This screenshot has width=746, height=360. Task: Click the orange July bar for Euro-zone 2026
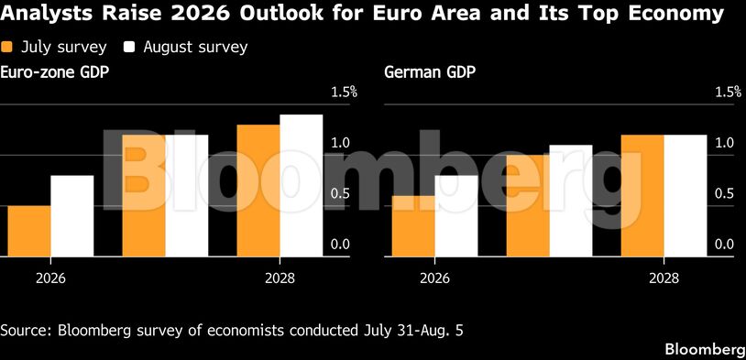point(29,231)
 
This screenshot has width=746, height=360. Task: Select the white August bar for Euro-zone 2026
point(72,216)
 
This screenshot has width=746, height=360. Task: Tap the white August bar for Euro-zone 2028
point(302,185)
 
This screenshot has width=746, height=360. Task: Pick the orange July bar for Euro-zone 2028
point(258,191)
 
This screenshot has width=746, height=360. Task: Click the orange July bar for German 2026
point(413,226)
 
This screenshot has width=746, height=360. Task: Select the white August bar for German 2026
point(456,216)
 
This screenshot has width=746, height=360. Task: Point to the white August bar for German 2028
point(686,196)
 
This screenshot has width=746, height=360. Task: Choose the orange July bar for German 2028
point(642,196)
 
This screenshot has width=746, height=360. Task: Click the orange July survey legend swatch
point(6,47)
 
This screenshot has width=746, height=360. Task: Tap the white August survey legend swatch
point(129,47)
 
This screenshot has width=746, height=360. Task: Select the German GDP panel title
point(430,73)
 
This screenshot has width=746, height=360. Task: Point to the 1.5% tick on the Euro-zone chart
point(344,92)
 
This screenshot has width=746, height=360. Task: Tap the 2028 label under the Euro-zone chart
point(280,278)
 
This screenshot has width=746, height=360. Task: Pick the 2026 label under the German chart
point(434,278)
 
